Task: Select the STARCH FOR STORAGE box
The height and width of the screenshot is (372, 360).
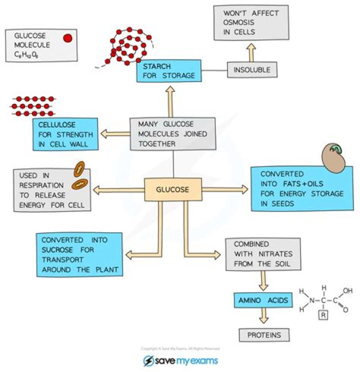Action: [x=168, y=71]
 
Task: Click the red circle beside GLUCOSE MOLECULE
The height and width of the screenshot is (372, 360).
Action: [x=67, y=37]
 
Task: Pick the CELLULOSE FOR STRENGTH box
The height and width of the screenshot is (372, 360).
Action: [x=64, y=133]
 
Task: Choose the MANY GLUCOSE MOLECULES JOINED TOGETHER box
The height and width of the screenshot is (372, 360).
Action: [x=172, y=134]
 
